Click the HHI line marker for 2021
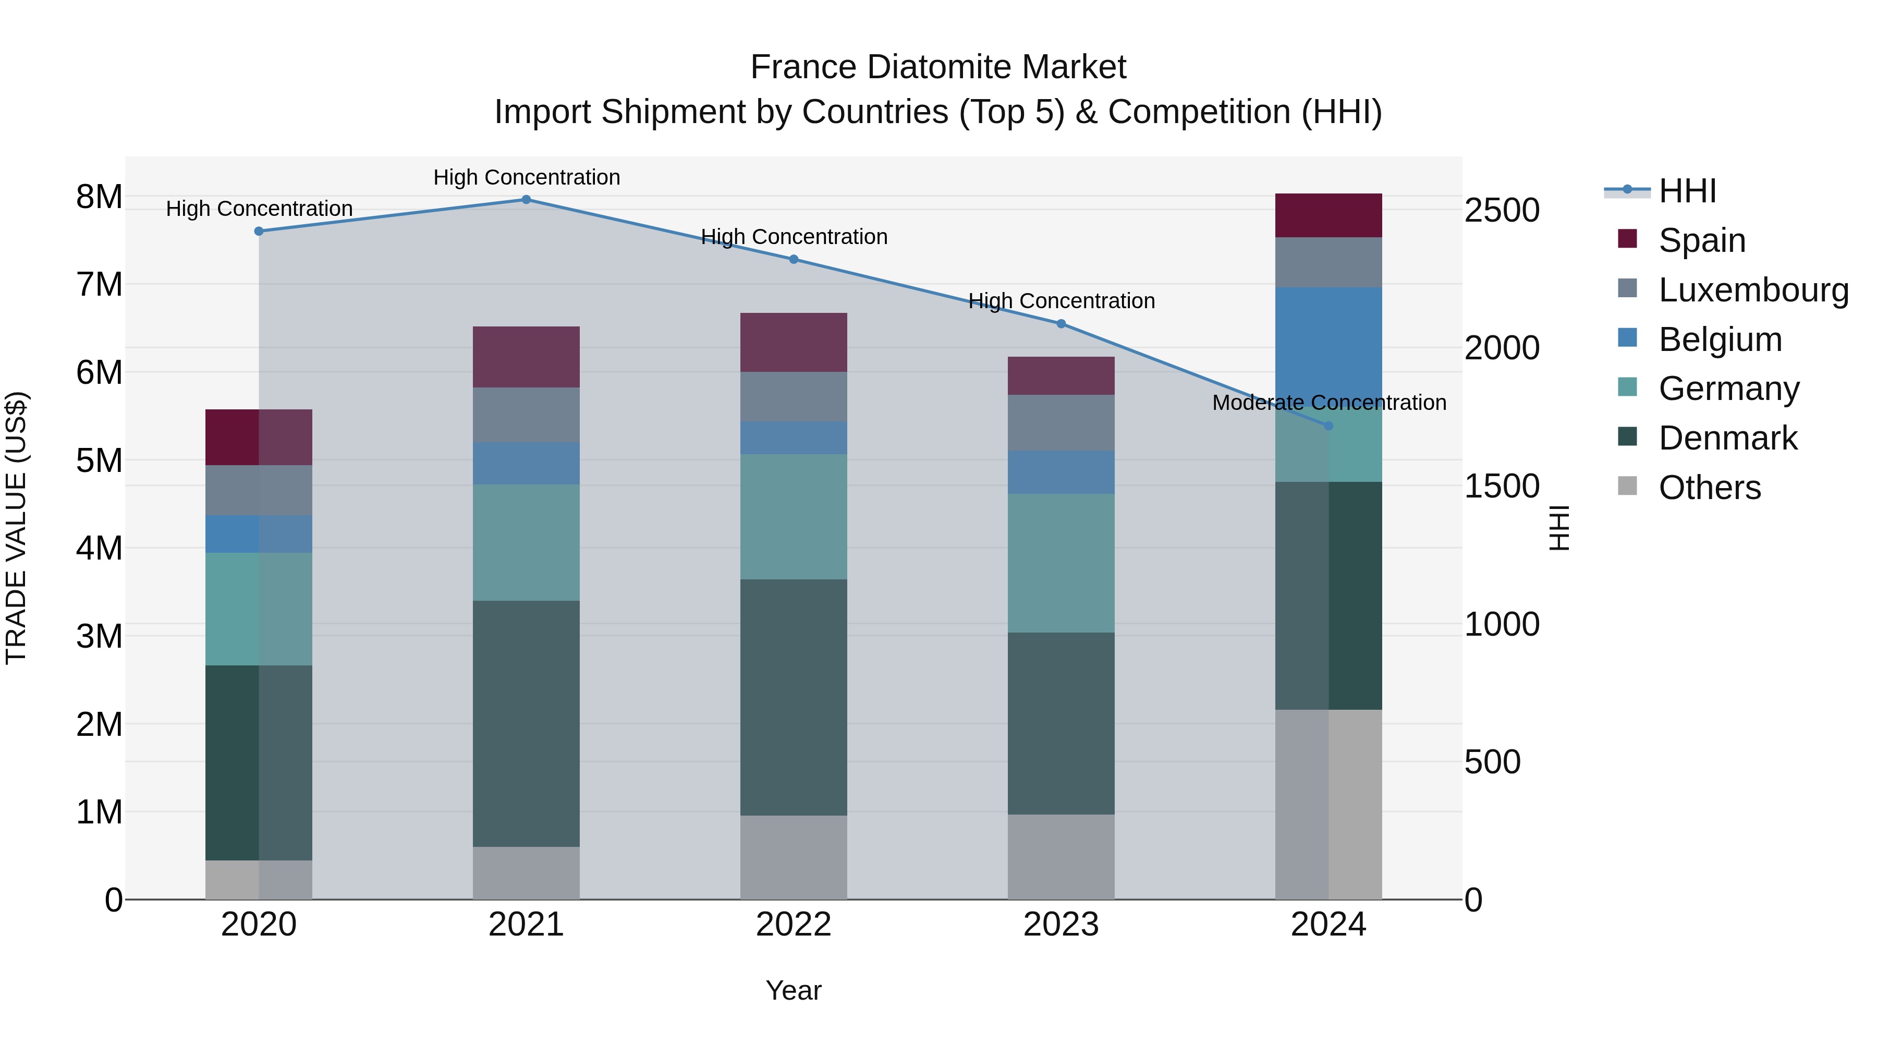click(526, 200)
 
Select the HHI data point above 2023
click(1061, 323)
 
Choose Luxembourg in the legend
click(1752, 290)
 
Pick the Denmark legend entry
click(1728, 439)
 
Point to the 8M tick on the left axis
click(99, 197)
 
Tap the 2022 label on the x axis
click(794, 925)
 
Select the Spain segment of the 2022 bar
click(794, 343)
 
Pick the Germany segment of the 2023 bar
click(1061, 563)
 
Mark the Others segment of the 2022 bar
click(794, 857)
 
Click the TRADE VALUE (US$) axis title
click(16, 528)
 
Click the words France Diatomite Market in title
click(938, 68)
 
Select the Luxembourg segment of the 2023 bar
click(1061, 423)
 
